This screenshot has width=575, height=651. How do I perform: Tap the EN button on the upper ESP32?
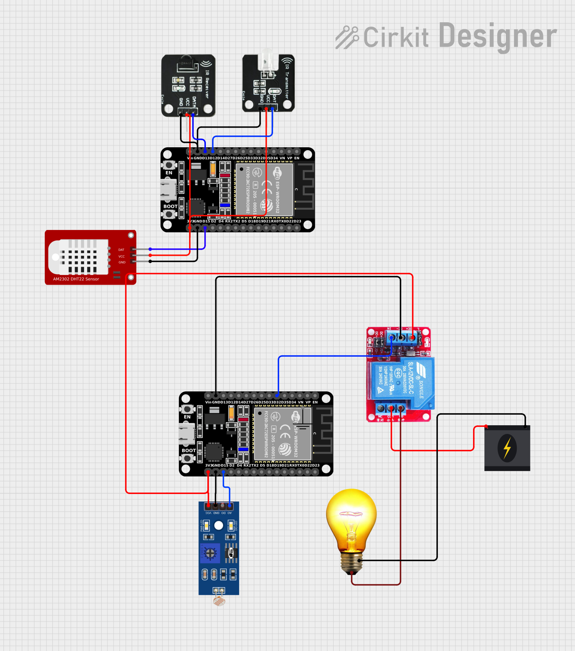tap(169, 165)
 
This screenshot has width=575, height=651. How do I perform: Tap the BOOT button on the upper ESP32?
tap(169, 214)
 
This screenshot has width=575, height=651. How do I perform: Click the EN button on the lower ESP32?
tap(187, 409)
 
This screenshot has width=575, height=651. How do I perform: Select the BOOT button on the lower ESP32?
tap(187, 458)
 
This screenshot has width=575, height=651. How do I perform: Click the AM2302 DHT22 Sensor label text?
tap(76, 279)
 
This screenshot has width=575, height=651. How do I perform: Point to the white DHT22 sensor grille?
tap(79, 257)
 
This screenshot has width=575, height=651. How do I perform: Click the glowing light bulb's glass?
tap(351, 516)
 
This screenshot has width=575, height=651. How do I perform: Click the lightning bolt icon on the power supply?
tap(507, 448)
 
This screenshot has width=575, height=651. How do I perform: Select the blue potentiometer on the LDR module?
tap(210, 553)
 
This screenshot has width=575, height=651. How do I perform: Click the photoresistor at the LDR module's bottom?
tap(219, 601)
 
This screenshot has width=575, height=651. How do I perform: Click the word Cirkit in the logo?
tap(396, 37)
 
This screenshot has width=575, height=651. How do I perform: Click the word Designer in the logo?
tap(498, 36)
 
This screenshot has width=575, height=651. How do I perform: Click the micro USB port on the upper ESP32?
tap(168, 189)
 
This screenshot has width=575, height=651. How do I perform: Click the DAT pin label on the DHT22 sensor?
tap(121, 250)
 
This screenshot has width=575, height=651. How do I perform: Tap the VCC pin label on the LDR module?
tap(208, 513)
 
